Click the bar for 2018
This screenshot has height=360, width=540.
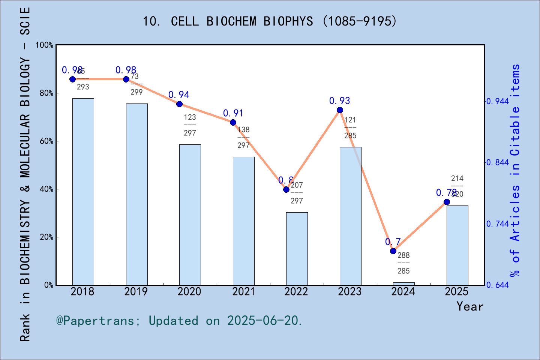[83, 191]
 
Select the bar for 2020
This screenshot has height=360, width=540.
[190, 214]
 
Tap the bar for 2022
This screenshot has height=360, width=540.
[297, 248]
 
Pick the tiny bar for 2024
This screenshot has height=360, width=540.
[403, 283]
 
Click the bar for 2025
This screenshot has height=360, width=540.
[457, 245]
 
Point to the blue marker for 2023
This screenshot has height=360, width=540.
[340, 110]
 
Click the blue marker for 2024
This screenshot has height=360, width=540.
[393, 251]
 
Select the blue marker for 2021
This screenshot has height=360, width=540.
[233, 122]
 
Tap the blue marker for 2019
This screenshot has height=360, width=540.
[126, 79]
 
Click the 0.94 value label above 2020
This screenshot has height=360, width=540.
[179, 95]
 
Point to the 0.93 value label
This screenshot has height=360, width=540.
[339, 101]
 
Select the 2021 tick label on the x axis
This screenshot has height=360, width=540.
[243, 292]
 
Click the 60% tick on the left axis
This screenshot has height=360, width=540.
[46, 141]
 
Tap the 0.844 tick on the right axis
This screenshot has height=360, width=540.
[498, 162]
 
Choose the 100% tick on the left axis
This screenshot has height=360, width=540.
[44, 45]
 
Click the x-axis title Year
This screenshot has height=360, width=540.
[469, 307]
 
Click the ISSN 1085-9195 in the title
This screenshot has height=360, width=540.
[360, 21]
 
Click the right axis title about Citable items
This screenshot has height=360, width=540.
[516, 171]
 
